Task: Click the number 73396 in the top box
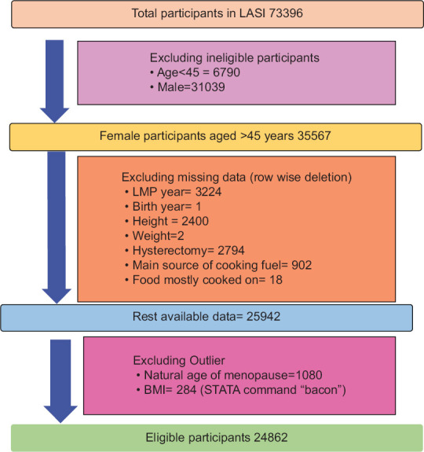click(286, 13)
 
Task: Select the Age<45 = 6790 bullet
click(196, 72)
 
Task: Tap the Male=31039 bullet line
click(188, 87)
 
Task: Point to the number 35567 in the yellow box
click(314, 136)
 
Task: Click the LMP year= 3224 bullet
click(174, 192)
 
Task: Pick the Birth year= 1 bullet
click(163, 207)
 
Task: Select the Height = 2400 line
click(166, 221)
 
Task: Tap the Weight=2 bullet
click(155, 236)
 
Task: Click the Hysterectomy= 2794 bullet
click(185, 251)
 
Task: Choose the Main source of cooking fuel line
click(218, 265)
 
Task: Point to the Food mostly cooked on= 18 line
click(204, 280)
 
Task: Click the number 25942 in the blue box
click(263, 317)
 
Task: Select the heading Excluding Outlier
click(179, 360)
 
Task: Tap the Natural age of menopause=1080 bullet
click(229, 375)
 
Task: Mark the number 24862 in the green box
click(271, 437)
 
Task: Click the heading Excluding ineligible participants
click(235, 58)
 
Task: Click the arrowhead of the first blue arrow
click(55, 115)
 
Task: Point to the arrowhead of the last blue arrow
click(60, 413)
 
